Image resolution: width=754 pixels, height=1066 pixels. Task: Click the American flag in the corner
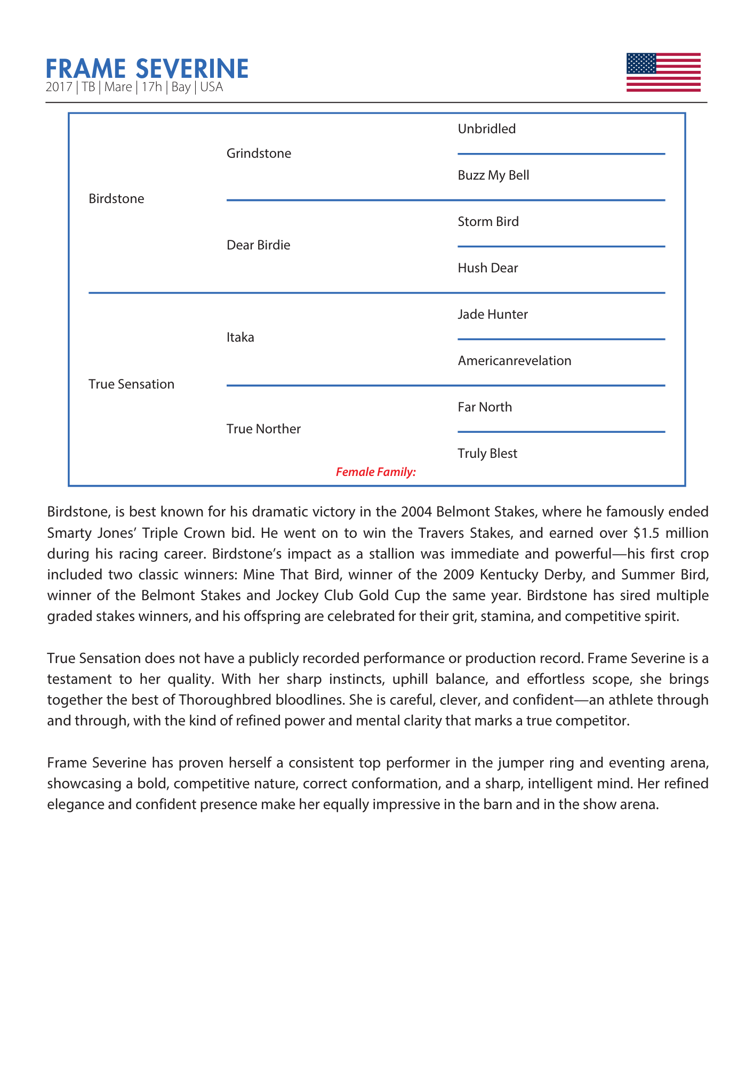tap(663, 72)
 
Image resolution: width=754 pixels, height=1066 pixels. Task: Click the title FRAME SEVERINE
tap(147, 69)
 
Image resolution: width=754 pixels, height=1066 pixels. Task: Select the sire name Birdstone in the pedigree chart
tap(116, 199)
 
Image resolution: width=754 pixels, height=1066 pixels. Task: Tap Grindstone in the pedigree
tap(259, 154)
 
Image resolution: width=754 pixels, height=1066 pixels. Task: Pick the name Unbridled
tap(486, 129)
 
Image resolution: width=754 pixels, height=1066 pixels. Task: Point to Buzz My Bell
tap(493, 175)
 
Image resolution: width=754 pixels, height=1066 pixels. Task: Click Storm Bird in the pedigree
tap(488, 222)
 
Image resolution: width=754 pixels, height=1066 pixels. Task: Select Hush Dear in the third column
tap(487, 268)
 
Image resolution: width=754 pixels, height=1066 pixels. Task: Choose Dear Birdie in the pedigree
tap(258, 245)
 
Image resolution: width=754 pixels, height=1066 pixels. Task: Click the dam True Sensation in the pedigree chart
tap(131, 384)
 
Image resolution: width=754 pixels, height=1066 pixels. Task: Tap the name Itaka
tap(240, 337)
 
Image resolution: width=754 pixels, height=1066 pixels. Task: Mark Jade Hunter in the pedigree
tap(493, 314)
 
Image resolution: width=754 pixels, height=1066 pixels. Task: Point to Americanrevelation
tap(514, 361)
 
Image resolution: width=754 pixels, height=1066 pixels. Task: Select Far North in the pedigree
tap(484, 407)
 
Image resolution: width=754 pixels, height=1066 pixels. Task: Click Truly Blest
tap(487, 454)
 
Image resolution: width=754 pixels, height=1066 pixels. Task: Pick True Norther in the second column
tap(263, 429)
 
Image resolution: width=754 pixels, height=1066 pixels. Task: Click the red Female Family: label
tap(375, 472)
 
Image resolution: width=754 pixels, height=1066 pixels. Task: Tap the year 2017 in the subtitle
tap(59, 87)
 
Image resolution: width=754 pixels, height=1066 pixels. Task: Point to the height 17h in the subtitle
tap(151, 87)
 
